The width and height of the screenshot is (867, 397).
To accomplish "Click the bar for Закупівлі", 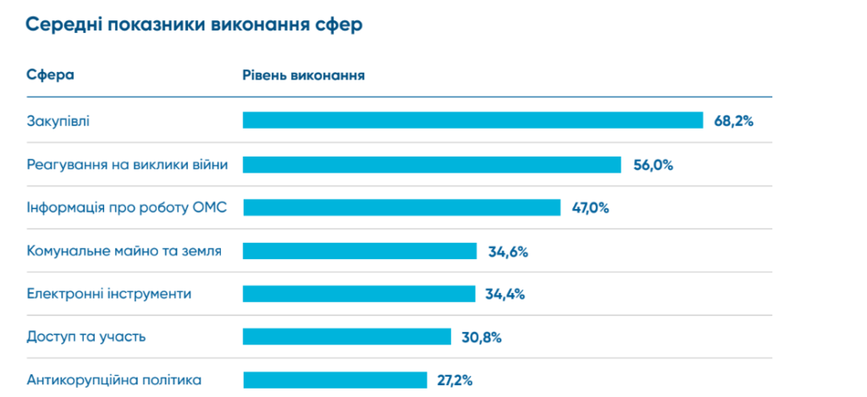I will (472, 120).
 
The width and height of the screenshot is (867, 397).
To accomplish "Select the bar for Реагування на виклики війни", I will (432, 164).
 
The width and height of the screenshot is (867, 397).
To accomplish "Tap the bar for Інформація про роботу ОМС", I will (401, 207).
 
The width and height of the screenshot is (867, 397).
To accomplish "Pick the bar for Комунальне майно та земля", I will (360, 251).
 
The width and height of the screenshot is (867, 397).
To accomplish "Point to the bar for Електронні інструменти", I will (359, 294).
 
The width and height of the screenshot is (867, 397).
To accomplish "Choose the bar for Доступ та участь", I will (346, 337).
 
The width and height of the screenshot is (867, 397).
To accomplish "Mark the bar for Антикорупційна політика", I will (334, 380).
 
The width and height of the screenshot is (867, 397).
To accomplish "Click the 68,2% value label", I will (733, 121).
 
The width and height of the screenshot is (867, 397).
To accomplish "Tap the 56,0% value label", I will (653, 165).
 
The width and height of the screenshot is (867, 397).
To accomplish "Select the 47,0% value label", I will (589, 208).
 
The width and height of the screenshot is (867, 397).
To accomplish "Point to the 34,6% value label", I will (507, 251).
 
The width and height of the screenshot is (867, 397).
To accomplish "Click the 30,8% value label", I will (482, 338).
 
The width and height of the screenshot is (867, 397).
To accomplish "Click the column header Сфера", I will (51, 74).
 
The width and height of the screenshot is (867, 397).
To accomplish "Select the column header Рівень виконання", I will (304, 74).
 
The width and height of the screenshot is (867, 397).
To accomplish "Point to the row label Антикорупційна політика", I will (114, 380).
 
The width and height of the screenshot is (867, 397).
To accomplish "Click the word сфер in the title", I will (342, 25).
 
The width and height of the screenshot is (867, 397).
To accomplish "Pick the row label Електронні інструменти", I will (109, 294).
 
